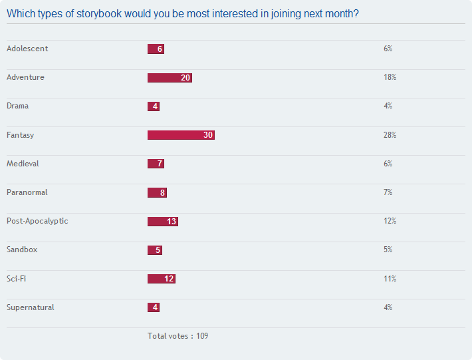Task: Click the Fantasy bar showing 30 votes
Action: coord(181,135)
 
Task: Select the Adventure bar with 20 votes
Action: coord(170,78)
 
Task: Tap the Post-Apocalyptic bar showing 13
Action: coord(163,222)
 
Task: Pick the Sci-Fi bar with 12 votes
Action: coord(162,279)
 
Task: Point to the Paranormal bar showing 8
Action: coord(157,192)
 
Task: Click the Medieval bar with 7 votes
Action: coord(156,164)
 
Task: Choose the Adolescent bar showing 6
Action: coord(156,49)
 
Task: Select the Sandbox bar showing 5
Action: coord(155,250)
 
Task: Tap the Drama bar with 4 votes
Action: coord(154,106)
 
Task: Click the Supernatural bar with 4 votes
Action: coord(154,307)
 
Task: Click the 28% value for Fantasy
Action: coord(390,135)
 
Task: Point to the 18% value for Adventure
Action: coord(390,77)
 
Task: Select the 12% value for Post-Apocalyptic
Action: coord(390,221)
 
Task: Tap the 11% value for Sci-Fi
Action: coord(390,279)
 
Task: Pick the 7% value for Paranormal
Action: coord(388,192)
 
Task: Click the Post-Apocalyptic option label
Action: coord(37,222)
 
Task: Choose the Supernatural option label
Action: coord(31,307)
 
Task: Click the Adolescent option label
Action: coord(27,49)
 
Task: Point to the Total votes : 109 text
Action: coord(178,336)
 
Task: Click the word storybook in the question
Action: coord(99,14)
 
